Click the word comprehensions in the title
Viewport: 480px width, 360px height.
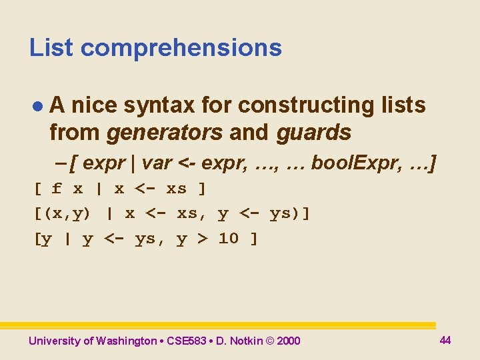181,49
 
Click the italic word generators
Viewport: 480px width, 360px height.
164,133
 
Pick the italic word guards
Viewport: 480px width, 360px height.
313,133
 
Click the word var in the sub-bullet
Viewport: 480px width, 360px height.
157,162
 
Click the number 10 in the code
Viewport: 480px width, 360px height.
228,239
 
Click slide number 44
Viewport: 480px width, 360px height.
445,340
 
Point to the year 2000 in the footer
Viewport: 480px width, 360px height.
288,341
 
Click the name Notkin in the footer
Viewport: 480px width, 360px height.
245,341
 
